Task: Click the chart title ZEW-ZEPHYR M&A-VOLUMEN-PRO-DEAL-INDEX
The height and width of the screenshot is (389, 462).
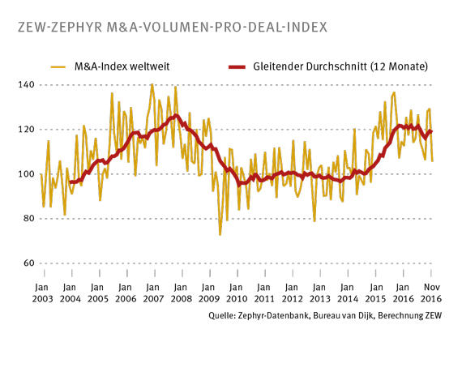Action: pos(171,27)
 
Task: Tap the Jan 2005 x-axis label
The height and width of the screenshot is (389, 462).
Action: pos(96,293)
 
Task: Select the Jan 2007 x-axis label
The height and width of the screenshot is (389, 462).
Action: pos(152,293)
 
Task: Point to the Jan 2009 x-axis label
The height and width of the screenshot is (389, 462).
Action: pos(207,293)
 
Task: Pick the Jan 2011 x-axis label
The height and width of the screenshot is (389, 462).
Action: pos(263,293)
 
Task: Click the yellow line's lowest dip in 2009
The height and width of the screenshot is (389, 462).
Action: pos(220,234)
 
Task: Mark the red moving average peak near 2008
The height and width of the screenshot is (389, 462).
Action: pos(175,116)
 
